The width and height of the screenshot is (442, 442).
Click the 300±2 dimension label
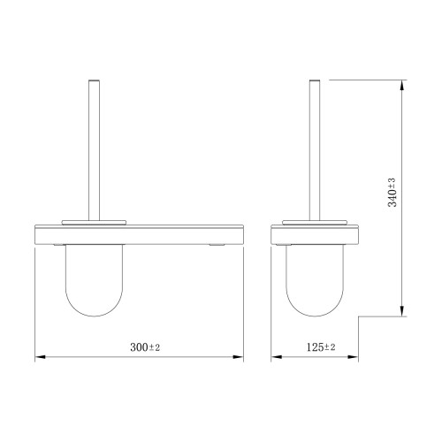[145, 347]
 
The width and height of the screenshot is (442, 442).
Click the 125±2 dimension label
[321, 347]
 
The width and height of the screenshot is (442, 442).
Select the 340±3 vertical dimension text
[392, 193]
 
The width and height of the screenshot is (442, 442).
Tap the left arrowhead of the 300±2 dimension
[41, 357]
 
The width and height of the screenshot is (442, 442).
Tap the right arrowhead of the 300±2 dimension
[238, 357]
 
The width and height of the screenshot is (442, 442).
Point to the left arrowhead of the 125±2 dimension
[277, 357]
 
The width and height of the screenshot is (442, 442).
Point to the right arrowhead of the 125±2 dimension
[353, 357]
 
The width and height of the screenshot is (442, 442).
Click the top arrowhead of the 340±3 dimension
[402, 85]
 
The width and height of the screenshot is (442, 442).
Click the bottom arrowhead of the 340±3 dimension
[402, 311]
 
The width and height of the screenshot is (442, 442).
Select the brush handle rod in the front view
[94, 150]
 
